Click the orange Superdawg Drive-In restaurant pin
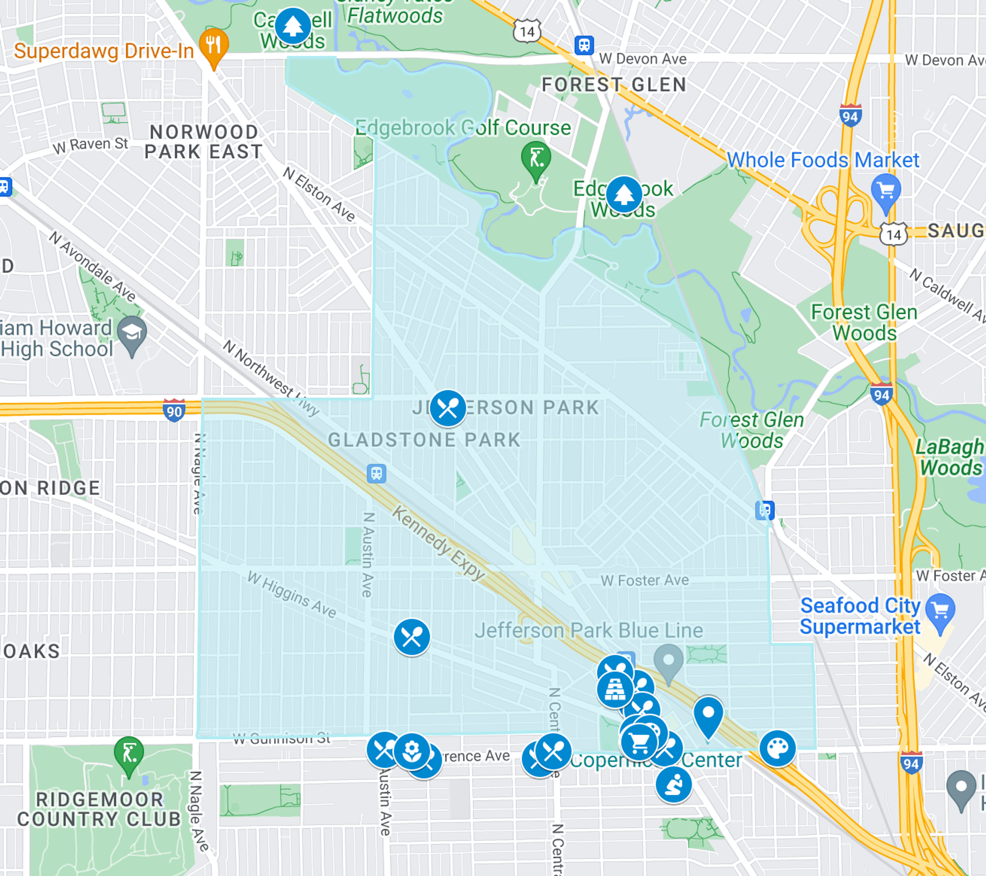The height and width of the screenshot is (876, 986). [214, 46]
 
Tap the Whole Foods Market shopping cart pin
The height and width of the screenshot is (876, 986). [886, 191]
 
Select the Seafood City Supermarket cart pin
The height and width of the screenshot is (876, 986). [940, 611]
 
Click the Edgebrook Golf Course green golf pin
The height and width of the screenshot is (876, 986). [536, 158]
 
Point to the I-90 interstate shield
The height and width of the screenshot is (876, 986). [174, 411]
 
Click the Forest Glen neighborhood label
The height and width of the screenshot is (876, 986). [614, 85]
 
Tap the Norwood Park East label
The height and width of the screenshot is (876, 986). [204, 142]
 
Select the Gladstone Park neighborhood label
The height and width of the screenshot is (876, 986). [424, 440]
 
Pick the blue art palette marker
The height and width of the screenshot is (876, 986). [778, 748]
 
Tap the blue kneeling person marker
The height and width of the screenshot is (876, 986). [673, 784]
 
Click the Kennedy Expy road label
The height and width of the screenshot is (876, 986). [439, 543]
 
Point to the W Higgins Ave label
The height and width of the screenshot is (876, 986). [292, 594]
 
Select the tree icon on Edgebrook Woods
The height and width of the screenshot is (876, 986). [623, 194]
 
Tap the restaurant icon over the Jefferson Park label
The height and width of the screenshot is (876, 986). [448, 408]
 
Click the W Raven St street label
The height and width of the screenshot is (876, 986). [90, 145]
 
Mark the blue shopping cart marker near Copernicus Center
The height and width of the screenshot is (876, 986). [639, 742]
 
